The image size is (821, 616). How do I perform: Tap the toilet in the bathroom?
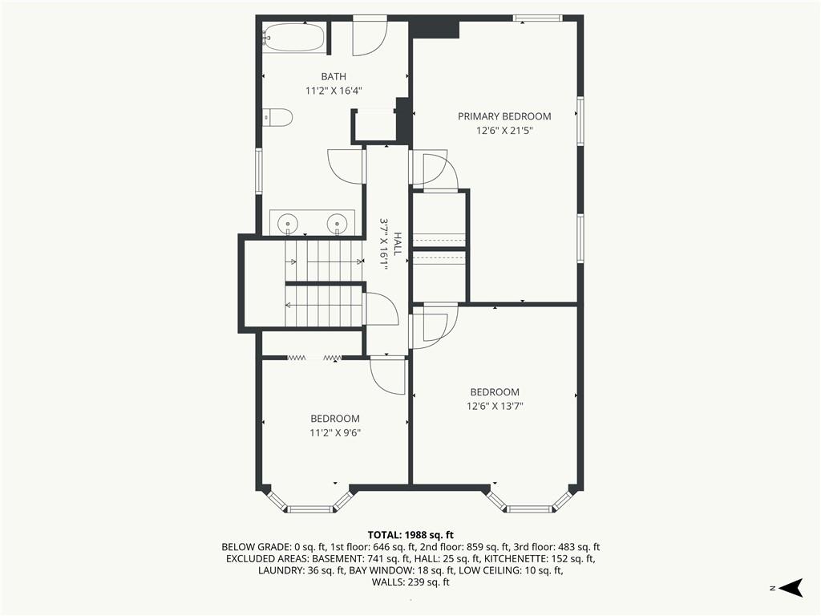277,117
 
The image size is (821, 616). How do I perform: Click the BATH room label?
334,76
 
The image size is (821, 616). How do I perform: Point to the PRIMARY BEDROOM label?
504,116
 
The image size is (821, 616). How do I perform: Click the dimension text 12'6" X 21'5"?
504,131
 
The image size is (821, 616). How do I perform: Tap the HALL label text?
398,244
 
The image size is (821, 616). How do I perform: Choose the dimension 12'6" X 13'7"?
495,406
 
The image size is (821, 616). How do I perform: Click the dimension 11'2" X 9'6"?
335,432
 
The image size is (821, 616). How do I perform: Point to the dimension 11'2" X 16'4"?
334,91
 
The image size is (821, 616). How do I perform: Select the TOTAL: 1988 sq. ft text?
410,535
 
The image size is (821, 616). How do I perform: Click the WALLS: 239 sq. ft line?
410,582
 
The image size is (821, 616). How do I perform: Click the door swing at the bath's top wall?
370,37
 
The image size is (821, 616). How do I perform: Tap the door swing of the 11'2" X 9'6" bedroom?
387,375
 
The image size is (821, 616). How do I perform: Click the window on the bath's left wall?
258,172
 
